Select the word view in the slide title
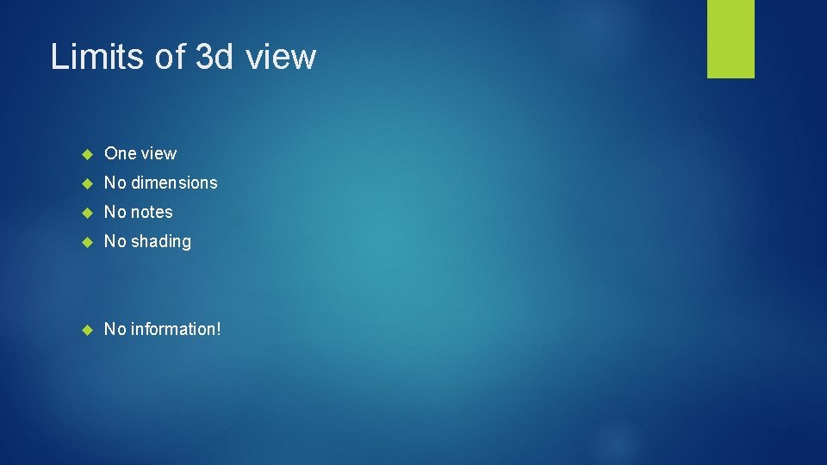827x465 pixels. (281, 57)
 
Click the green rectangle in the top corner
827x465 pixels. (731, 38)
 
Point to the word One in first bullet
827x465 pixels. (121, 153)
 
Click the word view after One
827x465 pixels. (159, 153)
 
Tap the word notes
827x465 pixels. (151, 212)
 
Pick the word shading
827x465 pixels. (160, 242)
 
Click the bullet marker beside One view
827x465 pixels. (86, 154)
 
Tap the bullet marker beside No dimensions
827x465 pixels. (86, 183)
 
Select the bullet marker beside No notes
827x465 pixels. (86, 213)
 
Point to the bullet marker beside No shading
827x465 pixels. (86, 242)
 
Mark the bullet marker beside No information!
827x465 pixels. (86, 330)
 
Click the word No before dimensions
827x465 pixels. (114, 183)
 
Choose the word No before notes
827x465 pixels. (114, 212)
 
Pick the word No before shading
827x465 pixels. (114, 241)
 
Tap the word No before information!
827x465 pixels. (114, 329)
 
